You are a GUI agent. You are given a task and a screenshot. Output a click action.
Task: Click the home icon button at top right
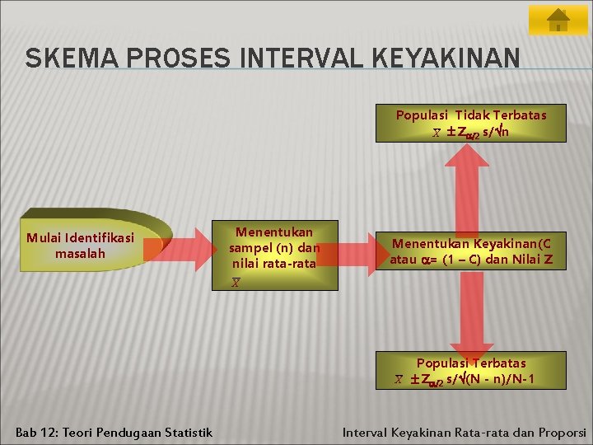[558, 21]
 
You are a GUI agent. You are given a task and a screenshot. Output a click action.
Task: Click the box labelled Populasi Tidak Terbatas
[470, 124]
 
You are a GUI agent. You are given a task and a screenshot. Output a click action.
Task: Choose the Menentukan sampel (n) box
[274, 255]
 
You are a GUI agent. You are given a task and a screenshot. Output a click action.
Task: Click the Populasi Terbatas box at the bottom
[470, 371]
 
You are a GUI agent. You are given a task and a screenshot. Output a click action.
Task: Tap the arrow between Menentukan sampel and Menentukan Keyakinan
[357, 251]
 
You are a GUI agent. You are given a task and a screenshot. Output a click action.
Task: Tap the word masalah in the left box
[80, 254]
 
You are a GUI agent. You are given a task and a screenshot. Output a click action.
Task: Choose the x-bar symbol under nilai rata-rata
[236, 283]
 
